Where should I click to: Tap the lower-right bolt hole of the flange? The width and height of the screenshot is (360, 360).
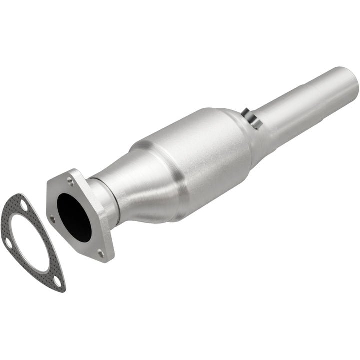coord(101,254)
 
